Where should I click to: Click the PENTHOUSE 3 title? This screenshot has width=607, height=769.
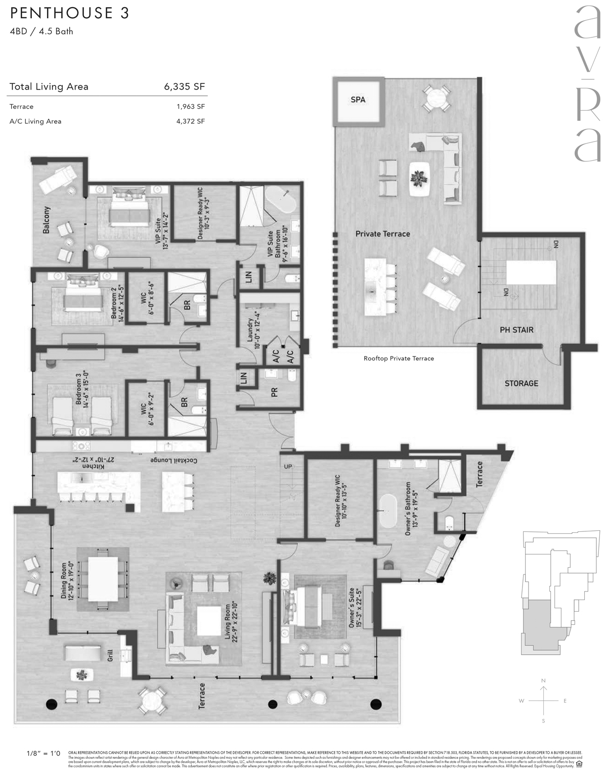pos(69,13)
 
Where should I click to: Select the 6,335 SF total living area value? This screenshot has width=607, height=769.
pos(184,86)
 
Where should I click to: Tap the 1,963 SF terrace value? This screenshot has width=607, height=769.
pos(191,107)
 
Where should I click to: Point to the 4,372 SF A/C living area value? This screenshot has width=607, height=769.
pos(191,121)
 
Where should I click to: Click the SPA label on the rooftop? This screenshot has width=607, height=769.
pos(358,100)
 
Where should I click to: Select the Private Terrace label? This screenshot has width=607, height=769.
pos(382,234)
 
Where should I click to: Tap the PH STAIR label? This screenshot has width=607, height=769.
pos(516,330)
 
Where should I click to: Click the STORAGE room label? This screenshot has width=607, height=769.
pos(521,383)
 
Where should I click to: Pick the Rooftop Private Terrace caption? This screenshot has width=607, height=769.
pos(399,358)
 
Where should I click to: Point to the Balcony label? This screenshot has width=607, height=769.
pos(47,221)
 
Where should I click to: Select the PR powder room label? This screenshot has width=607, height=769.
pos(275,392)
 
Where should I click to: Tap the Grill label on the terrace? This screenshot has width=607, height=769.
pos(110,656)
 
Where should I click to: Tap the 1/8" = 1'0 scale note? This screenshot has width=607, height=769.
pos(43,753)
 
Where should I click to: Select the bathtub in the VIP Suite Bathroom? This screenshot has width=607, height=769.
pos(283,201)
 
